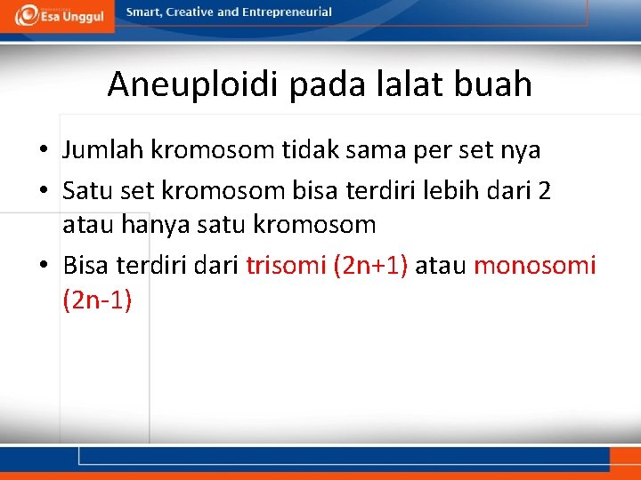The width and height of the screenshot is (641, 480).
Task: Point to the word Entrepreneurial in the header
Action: point(287,12)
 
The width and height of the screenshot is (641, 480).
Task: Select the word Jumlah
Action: point(103,149)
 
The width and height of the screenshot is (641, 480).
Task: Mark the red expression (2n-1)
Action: point(97,300)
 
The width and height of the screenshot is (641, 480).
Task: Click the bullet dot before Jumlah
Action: point(43,150)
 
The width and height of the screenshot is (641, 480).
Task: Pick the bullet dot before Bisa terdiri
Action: point(43,264)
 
